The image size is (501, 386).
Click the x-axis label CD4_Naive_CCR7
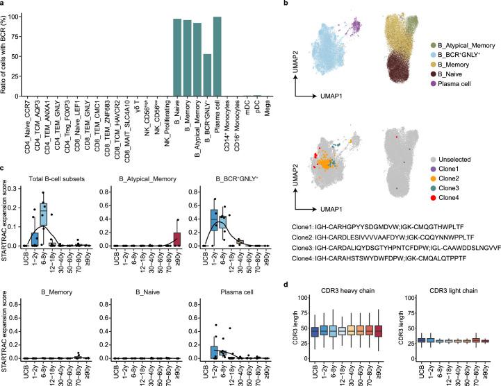37,106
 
